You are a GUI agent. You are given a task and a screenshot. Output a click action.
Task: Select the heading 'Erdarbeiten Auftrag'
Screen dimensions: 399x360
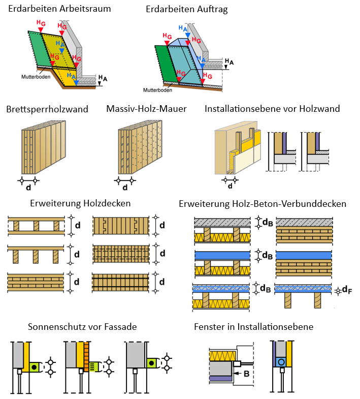pos(186,9)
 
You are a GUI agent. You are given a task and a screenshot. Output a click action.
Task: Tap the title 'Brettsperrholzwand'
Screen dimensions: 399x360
pos(47,109)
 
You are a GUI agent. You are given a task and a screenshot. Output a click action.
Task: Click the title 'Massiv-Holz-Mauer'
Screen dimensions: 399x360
pos(147,109)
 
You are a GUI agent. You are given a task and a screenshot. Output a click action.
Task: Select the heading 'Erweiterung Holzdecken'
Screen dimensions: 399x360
pos(80,203)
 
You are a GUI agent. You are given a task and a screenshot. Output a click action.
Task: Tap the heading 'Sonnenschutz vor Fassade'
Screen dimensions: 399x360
pos(82,327)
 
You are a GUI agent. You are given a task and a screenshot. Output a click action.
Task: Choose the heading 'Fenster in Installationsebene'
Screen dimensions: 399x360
pos(253,327)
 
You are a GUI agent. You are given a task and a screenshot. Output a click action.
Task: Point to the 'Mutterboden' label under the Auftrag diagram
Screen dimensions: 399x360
pos(157,90)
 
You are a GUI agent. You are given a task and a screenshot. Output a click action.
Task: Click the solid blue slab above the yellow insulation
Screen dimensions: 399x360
pos(222,255)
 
